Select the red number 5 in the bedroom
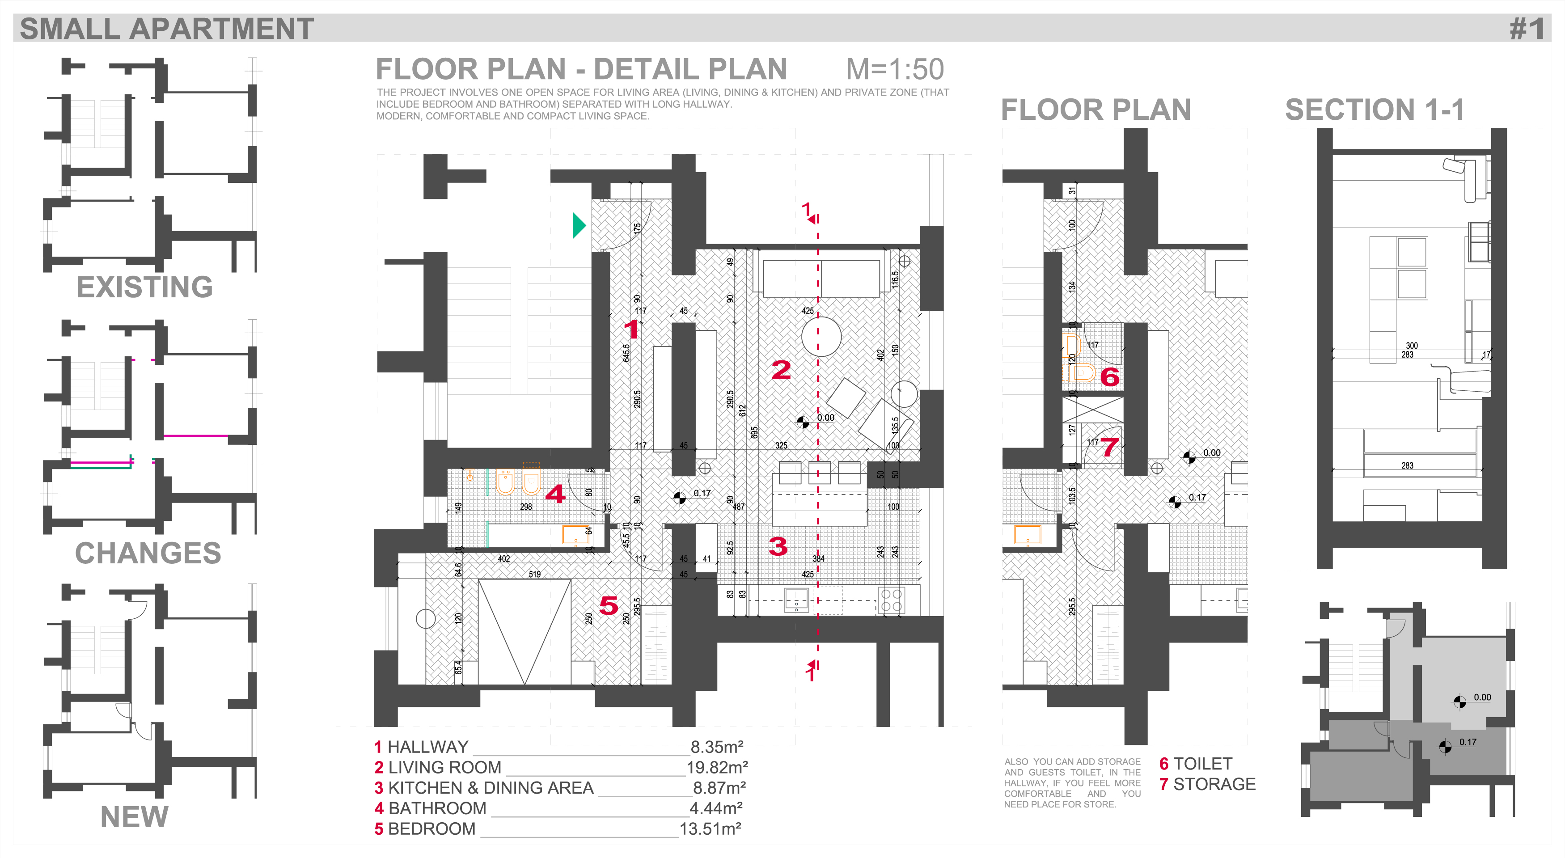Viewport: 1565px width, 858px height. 608,605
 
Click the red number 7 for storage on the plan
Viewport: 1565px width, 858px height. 1109,447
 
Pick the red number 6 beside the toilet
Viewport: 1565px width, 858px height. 1109,377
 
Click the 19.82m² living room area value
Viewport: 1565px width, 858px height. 717,767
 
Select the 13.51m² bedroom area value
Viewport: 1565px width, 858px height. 710,829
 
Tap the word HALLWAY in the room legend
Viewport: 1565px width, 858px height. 428,747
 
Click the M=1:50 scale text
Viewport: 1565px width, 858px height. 894,69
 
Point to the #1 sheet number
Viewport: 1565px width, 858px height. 1526,29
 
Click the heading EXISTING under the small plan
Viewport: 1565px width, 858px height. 144,287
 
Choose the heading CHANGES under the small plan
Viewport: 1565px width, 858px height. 148,553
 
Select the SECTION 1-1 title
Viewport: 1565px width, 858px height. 1374,110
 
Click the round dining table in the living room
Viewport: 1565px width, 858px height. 821,336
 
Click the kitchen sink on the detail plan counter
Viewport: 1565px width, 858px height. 796,600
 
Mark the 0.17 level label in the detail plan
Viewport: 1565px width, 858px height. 702,494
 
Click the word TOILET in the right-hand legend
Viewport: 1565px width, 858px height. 1202,764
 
